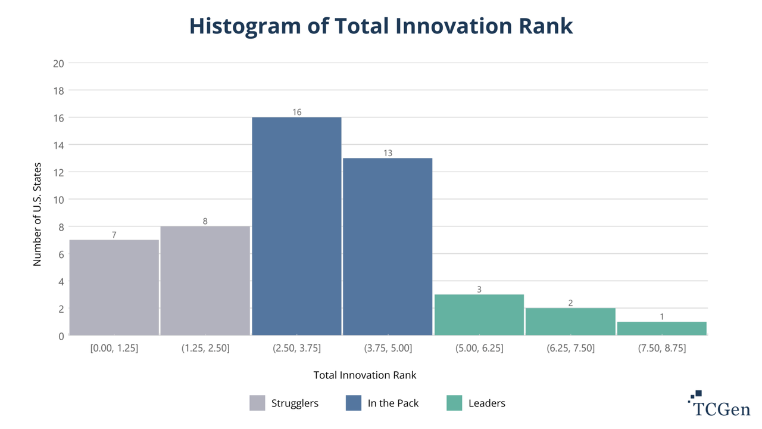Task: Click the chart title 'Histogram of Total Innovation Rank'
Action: coord(381,26)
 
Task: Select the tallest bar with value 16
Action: coord(296,226)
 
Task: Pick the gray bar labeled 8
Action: coord(205,281)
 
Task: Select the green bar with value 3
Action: coord(479,315)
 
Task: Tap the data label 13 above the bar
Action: coord(388,153)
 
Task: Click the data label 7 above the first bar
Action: coord(114,235)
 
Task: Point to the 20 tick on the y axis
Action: coord(58,63)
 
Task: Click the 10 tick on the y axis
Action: coord(58,200)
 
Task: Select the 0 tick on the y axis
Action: coord(61,336)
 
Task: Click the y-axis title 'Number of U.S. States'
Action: coord(37,214)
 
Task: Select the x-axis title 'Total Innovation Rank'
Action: coord(365,375)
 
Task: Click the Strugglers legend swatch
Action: coord(257,403)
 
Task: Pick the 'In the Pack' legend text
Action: coord(393,403)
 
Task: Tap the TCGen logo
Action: coord(719,405)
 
